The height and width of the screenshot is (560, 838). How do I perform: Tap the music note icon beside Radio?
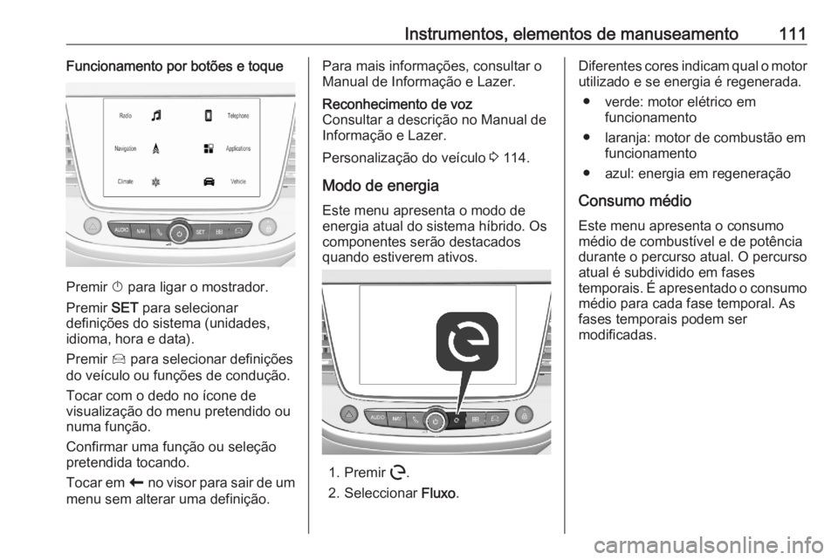[x=155, y=114]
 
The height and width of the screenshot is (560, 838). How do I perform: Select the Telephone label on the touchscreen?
[x=237, y=115]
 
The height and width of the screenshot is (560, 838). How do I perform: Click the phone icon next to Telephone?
[x=209, y=114]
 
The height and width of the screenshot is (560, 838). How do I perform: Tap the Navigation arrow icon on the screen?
[x=155, y=149]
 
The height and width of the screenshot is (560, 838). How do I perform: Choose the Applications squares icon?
[x=209, y=149]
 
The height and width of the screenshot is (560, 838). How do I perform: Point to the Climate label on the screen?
[x=125, y=181]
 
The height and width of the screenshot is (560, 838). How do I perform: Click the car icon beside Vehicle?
[x=209, y=181]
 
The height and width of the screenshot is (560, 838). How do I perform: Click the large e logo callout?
[x=467, y=344]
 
